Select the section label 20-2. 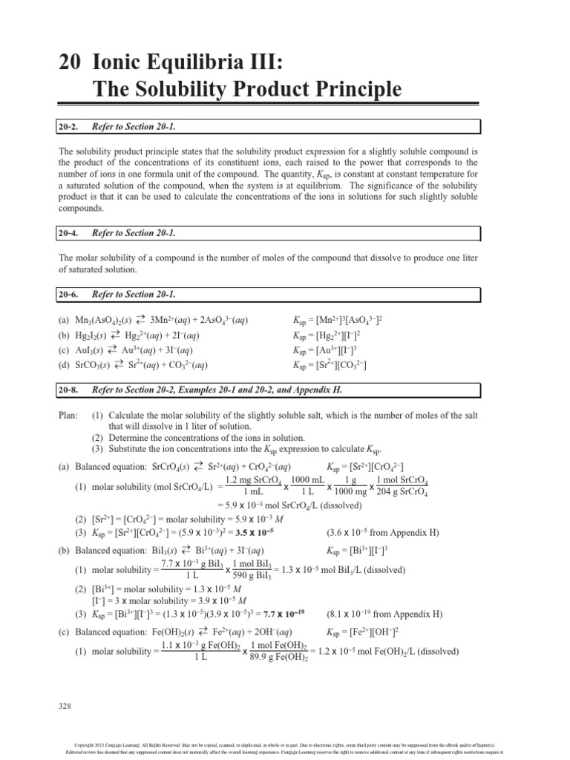(69, 128)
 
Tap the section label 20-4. (69, 233)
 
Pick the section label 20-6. (69, 295)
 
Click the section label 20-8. (69, 390)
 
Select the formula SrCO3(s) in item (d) (95, 365)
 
